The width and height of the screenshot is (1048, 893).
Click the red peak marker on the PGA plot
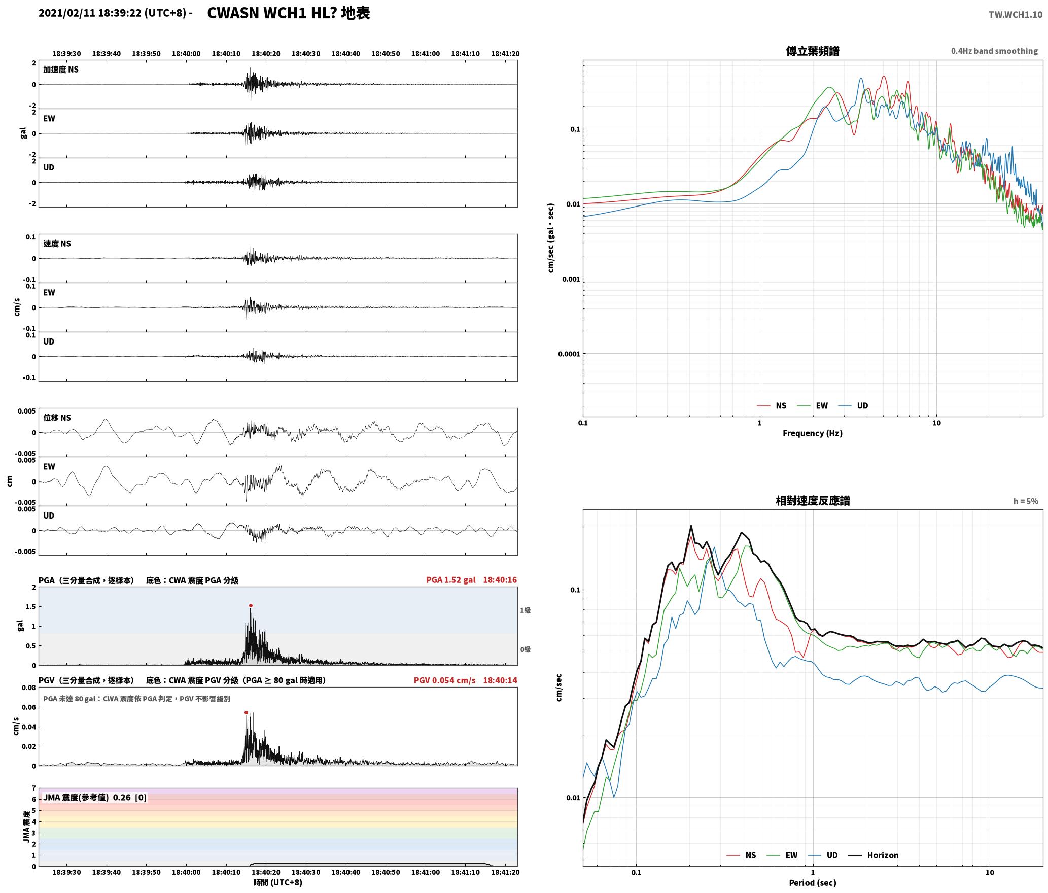click(251, 605)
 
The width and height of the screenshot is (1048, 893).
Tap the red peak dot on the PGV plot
click(246, 712)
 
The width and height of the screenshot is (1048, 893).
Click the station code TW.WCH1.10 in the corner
click(1016, 15)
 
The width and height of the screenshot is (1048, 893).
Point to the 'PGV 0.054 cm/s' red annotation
click(445, 680)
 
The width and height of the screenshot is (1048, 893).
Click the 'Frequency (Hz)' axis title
click(813, 433)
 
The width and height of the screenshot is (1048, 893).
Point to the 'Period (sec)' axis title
click(813, 883)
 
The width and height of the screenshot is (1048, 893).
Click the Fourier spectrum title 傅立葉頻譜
click(813, 51)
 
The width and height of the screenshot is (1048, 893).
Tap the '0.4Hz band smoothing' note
click(994, 51)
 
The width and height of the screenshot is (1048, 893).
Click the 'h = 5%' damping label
click(1026, 501)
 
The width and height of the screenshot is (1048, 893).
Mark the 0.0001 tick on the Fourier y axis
click(569, 354)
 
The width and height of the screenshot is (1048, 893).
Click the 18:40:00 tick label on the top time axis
click(186, 53)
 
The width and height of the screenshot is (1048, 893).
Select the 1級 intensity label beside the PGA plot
click(525, 610)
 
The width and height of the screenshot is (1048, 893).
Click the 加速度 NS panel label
click(61, 70)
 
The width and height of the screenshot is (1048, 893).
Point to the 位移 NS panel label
click(57, 418)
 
